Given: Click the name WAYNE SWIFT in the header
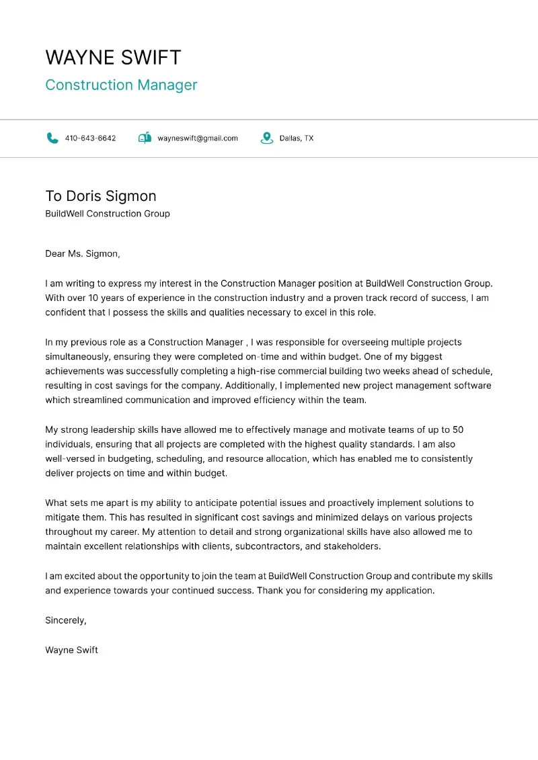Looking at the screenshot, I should tap(113, 57).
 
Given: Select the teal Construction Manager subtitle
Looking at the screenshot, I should tap(121, 85).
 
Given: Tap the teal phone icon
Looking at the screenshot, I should tap(52, 138).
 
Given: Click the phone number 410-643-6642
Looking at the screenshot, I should tap(90, 138).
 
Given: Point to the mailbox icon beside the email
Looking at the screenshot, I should tap(145, 138).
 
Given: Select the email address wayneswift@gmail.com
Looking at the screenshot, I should tap(198, 138).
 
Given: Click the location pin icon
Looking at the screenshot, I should tap(267, 138).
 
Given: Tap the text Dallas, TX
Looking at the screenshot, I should tap(297, 138).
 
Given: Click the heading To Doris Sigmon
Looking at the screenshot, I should tap(101, 196).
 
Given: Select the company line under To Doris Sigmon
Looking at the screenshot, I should tap(108, 214).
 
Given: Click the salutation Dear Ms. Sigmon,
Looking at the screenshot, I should tap(82, 254).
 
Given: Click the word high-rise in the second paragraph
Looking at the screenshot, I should tap(259, 371).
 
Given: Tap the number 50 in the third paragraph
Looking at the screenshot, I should tap(458, 430).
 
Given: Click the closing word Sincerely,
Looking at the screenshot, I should tap(66, 620).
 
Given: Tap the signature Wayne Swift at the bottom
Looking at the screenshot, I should tap(71, 650).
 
